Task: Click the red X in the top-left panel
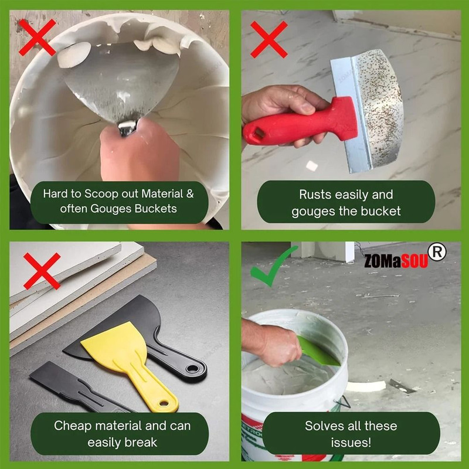tap(37, 36)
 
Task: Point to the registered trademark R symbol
tap(437, 251)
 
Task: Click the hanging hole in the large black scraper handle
tap(191, 369)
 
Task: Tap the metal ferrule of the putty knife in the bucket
tap(128, 127)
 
